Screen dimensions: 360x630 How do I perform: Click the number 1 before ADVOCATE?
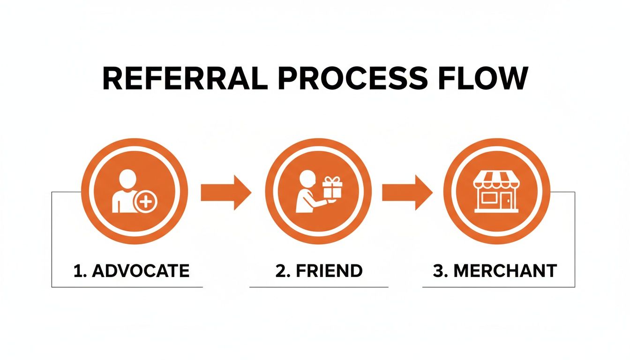point(77,270)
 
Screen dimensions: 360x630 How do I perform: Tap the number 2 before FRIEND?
point(281,270)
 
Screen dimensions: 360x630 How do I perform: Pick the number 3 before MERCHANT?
point(438,270)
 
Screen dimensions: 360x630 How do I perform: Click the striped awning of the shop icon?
point(496,180)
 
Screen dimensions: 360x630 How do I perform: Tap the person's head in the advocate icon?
point(127,178)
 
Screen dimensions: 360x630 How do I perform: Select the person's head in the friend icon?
point(307,179)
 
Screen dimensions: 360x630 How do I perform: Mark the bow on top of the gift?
point(333,180)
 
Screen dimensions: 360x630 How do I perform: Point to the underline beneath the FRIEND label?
point(319,287)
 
